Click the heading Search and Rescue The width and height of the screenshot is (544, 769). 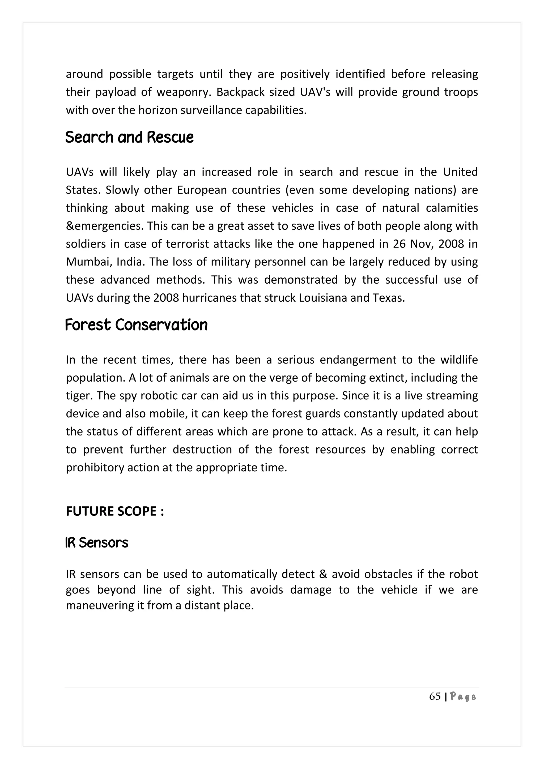[129, 137]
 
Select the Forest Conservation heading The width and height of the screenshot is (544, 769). [136, 325]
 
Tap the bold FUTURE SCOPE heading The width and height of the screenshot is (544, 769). [114, 511]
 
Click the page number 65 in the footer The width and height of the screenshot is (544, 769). [435, 697]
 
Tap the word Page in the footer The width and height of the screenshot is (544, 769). [463, 697]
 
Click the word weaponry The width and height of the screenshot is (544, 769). [184, 92]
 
